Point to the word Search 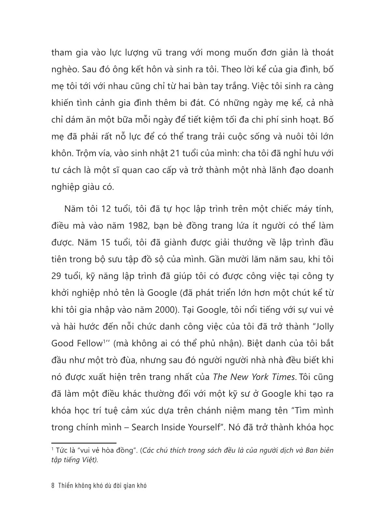[146, 427]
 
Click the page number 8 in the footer [53, 486]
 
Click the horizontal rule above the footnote [84, 443]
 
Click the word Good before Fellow [62, 343]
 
